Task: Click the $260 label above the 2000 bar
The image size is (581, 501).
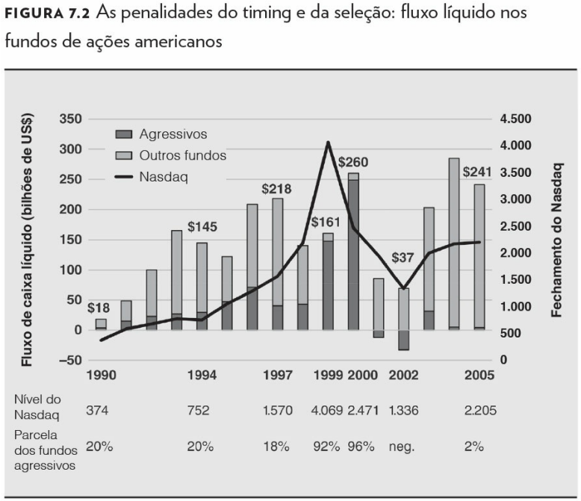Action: pyautogui.click(x=353, y=162)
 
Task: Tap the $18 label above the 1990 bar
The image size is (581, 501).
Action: pyautogui.click(x=99, y=308)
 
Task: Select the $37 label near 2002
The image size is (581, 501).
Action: pyautogui.click(x=403, y=258)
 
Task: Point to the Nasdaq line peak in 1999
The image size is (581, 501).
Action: pyautogui.click(x=327, y=142)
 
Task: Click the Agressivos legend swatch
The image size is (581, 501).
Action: pyautogui.click(x=124, y=134)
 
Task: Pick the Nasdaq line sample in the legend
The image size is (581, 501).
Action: pyautogui.click(x=124, y=177)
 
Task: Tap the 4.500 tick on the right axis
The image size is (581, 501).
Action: pyautogui.click(x=516, y=119)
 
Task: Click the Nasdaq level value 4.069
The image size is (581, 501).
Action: pyautogui.click(x=326, y=411)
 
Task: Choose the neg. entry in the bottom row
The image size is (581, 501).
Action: pyautogui.click(x=402, y=446)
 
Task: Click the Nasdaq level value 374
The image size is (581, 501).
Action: pyautogui.click(x=97, y=411)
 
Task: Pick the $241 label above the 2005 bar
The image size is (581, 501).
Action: pyautogui.click(x=478, y=172)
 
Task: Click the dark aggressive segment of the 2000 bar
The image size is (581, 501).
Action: pyautogui.click(x=353, y=254)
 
